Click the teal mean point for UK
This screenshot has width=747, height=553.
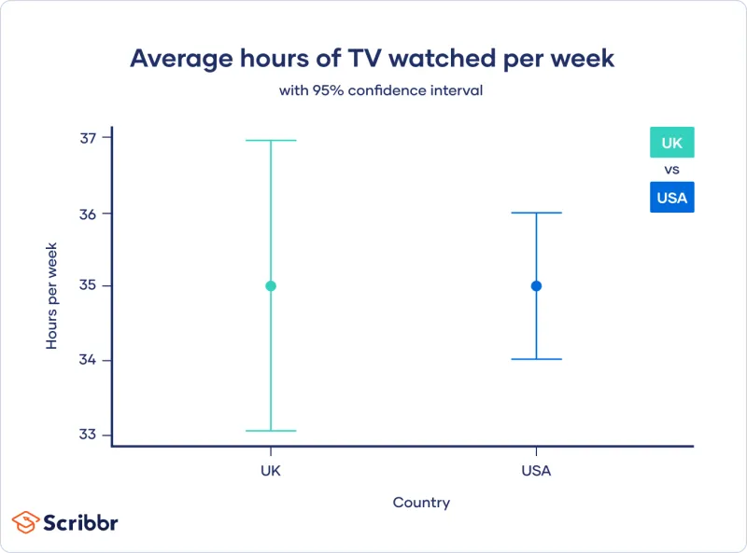pos(271,286)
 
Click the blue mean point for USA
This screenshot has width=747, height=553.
pos(536,286)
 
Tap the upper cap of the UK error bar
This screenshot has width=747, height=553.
pos(271,141)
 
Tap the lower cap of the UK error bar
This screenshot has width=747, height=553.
pos(271,431)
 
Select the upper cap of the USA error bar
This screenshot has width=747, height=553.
pos(536,213)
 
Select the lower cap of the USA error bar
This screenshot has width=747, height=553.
pos(536,359)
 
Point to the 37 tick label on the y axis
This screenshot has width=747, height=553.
pos(89,138)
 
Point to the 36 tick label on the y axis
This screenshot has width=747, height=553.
pos(89,214)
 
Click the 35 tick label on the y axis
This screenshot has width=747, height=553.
pos(89,286)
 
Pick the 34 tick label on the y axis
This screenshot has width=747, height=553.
pos(89,361)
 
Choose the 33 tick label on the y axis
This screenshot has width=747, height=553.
pos(89,435)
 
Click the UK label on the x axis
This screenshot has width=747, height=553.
pos(271,471)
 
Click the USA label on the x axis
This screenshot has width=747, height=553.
pos(536,471)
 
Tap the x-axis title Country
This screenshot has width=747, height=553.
pos(421,503)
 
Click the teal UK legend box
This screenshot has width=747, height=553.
pos(672,143)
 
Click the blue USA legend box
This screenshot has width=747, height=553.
pos(672,197)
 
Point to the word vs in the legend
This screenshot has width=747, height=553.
pos(671,170)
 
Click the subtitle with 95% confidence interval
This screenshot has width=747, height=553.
pos(381,91)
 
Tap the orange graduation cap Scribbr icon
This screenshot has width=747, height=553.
pos(25,521)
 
